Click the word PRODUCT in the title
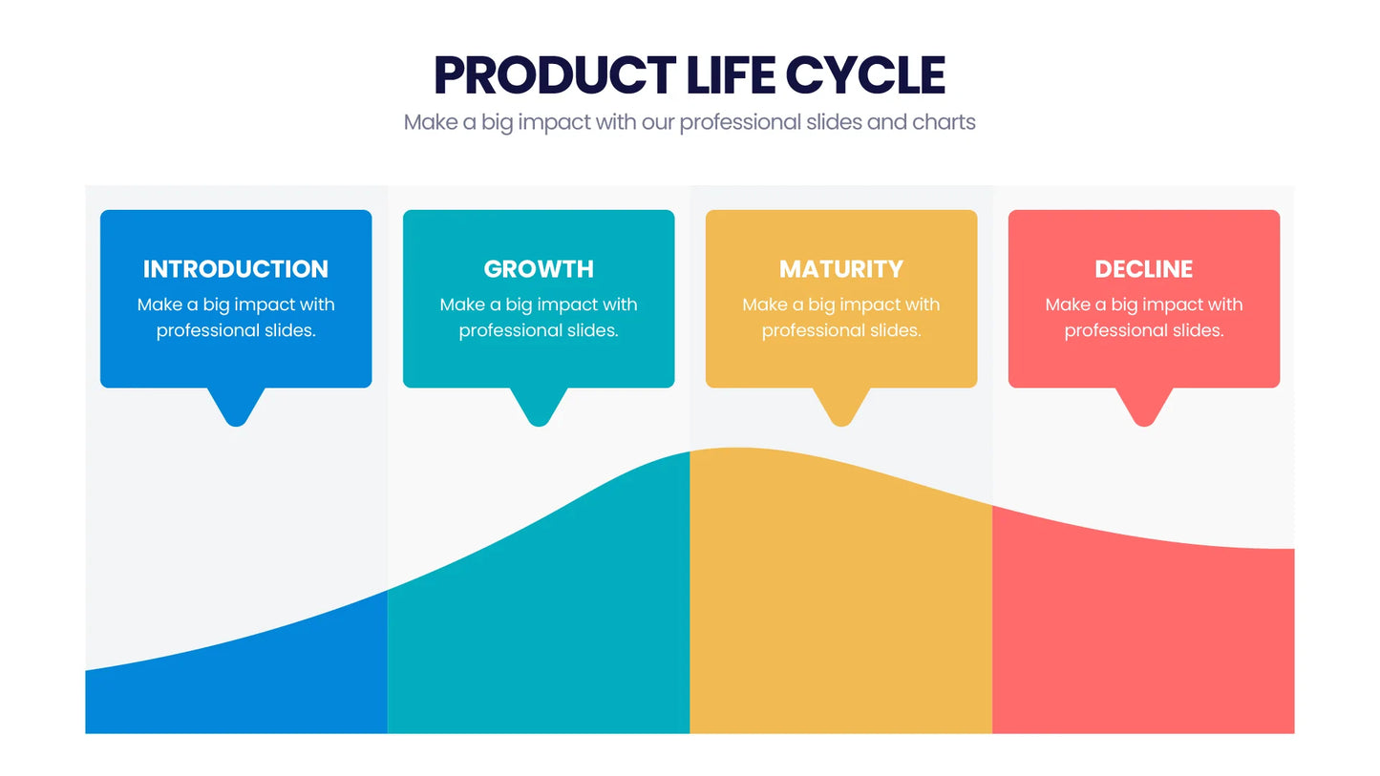tap(555, 75)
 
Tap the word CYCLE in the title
tap(865, 75)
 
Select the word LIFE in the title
tap(731, 75)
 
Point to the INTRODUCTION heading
tap(236, 269)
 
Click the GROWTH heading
tap(539, 269)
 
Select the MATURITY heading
tap(841, 269)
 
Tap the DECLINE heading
tap(1144, 269)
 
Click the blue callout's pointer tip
tap(236, 425)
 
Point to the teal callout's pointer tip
tap(539, 425)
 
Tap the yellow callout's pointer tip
tap(841, 425)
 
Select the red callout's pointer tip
tap(1144, 425)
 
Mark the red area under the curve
tap(1143, 635)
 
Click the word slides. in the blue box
tap(290, 330)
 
